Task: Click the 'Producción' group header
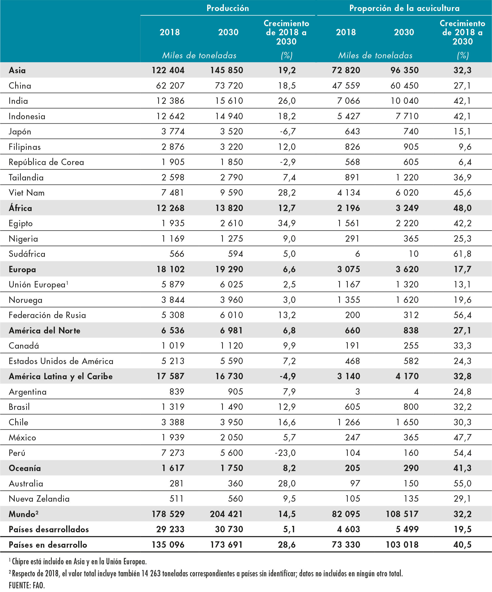click(x=228, y=8)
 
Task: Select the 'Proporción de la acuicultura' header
click(x=404, y=8)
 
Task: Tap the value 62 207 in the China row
click(x=170, y=85)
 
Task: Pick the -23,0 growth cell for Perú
click(x=285, y=453)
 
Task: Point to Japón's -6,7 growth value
click(x=288, y=131)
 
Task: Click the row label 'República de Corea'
click(x=46, y=162)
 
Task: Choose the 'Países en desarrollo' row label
click(x=48, y=545)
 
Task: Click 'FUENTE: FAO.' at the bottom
click(x=27, y=585)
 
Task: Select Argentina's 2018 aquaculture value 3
click(x=357, y=391)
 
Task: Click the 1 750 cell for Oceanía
click(x=231, y=468)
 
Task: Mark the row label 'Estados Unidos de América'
click(x=61, y=361)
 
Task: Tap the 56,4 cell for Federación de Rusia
click(x=462, y=315)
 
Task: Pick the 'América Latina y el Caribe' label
click(x=61, y=376)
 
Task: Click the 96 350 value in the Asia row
click(x=404, y=70)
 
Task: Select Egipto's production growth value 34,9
click(x=287, y=223)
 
